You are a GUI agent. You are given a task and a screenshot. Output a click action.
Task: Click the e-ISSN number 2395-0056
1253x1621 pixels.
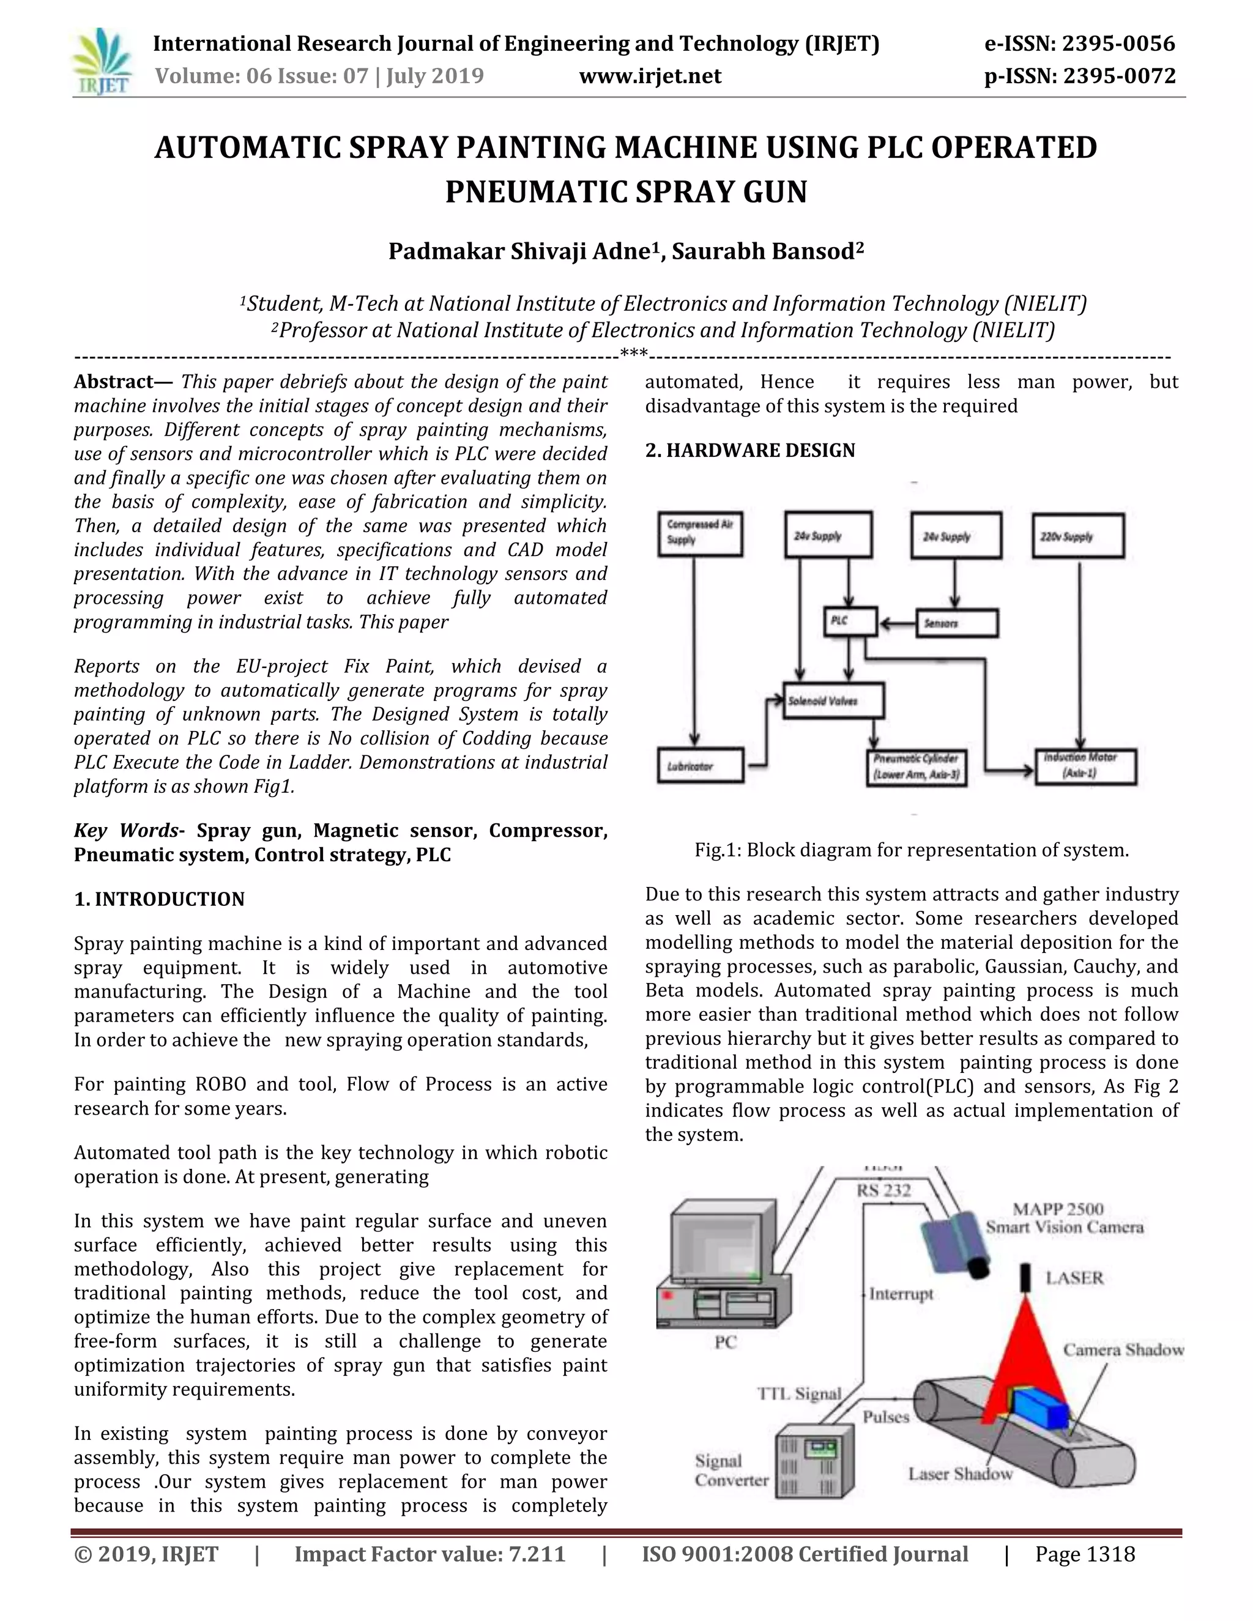click(1080, 44)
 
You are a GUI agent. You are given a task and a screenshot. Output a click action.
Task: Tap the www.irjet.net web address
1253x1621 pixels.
click(650, 76)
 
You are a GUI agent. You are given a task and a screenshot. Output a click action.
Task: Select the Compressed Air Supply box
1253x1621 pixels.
click(699, 533)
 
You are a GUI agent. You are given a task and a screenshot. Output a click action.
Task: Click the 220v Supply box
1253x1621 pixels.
click(1077, 535)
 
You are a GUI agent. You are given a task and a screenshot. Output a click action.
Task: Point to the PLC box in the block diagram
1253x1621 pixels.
click(850, 620)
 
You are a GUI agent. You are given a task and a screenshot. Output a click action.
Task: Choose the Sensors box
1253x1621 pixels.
click(957, 623)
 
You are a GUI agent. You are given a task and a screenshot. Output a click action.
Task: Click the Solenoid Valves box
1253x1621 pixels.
click(833, 700)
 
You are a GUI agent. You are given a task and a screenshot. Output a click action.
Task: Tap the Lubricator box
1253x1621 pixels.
click(700, 765)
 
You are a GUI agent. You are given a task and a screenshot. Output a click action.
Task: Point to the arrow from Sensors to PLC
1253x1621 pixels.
click(897, 623)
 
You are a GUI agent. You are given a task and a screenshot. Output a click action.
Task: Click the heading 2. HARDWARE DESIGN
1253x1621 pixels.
click(749, 451)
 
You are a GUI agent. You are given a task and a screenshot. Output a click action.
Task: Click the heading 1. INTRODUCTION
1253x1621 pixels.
click(159, 899)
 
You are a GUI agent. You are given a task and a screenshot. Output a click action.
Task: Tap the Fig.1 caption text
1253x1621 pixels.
click(911, 850)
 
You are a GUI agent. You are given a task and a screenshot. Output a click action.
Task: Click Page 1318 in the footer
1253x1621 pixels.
click(1085, 1554)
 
